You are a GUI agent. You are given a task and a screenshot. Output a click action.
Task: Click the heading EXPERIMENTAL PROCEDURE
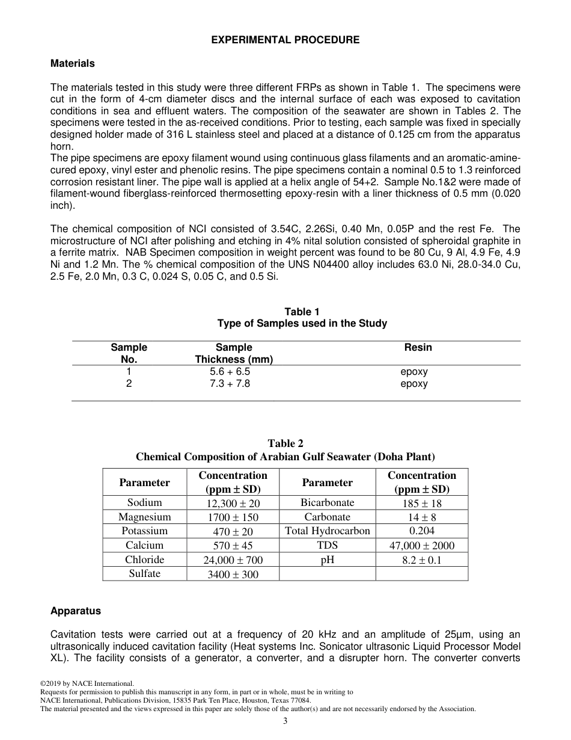click(x=285, y=40)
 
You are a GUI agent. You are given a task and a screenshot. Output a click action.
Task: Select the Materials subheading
click(x=73, y=63)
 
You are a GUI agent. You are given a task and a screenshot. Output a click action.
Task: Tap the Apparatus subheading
click(x=76, y=611)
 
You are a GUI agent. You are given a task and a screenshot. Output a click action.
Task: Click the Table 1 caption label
click(x=302, y=312)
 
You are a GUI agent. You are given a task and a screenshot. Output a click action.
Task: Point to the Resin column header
click(x=418, y=347)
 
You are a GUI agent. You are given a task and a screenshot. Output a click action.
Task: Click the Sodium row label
click(x=144, y=502)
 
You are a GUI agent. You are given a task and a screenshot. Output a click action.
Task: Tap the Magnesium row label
click(x=144, y=517)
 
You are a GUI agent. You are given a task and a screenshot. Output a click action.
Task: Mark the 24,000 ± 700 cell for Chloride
click(x=233, y=560)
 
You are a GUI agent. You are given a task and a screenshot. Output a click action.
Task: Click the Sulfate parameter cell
click(x=144, y=573)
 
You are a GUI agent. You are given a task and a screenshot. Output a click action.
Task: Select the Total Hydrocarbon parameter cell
click(x=328, y=531)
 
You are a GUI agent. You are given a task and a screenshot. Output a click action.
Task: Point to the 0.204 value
click(x=421, y=531)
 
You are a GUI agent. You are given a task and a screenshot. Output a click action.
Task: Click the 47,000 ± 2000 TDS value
click(x=423, y=546)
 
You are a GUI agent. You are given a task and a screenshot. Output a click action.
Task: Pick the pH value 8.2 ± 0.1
click(x=421, y=560)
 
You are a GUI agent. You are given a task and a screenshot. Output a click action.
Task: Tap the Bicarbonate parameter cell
click(x=328, y=502)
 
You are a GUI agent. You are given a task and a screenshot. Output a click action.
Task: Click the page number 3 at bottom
click(x=285, y=721)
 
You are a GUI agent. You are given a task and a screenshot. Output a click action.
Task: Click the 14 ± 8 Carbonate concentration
click(x=421, y=517)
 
